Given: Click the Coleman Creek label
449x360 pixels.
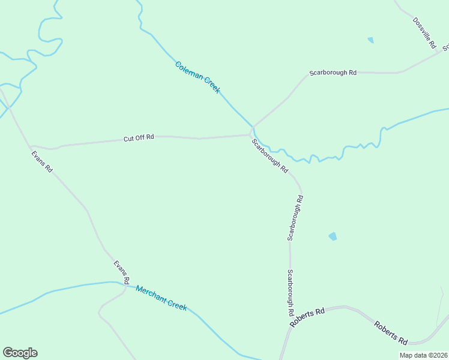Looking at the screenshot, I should [197, 77].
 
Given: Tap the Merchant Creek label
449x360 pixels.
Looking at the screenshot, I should [161, 298].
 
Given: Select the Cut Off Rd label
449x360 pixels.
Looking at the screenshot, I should [139, 137].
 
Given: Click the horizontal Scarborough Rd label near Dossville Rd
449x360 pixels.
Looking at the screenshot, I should [333, 73].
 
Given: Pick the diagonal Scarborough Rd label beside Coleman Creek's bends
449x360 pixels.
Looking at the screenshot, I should [270, 156].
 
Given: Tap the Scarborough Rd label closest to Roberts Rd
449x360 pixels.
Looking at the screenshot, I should [290, 293].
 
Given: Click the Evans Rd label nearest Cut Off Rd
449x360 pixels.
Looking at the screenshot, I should [42, 161].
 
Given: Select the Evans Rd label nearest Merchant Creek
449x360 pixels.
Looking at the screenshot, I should [122, 272].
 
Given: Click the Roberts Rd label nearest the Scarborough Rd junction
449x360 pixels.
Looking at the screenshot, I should [307, 317].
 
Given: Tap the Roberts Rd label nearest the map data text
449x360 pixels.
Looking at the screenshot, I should [391, 333].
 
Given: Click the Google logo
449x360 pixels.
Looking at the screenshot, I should [20, 353].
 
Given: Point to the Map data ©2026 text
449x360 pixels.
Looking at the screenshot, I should [424, 355].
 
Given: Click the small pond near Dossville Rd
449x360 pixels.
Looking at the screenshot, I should [370, 40].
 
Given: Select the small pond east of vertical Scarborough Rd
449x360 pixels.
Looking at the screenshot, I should [333, 236].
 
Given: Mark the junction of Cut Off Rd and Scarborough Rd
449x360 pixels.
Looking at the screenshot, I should [251, 134].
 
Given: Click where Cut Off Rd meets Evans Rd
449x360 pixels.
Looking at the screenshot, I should [31, 146].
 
